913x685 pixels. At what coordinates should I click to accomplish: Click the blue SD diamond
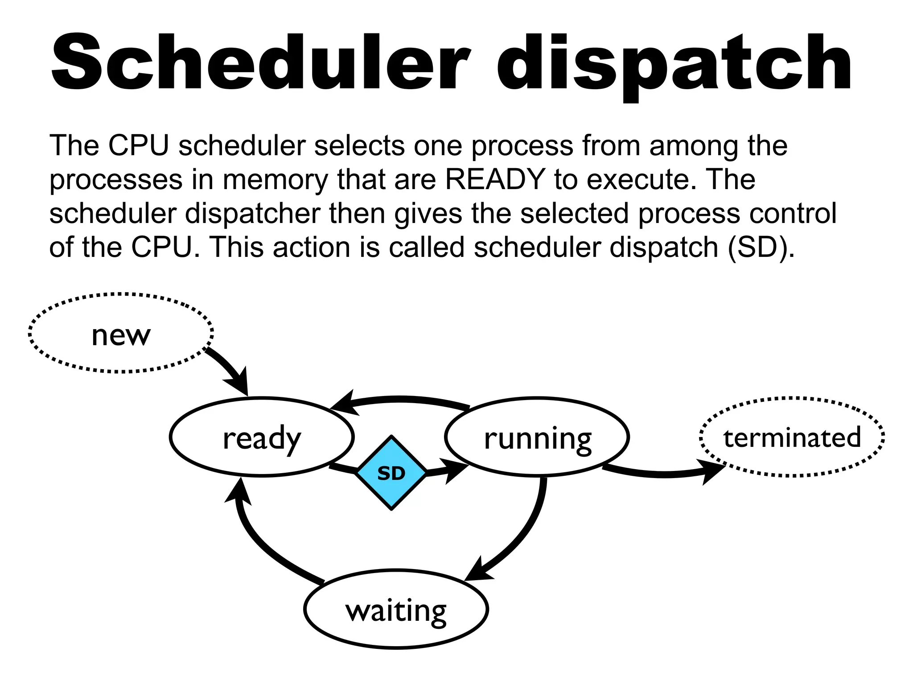pos(391,473)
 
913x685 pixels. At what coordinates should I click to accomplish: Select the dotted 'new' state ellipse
pos(121,334)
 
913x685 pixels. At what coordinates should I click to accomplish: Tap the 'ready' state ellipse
pos(262,437)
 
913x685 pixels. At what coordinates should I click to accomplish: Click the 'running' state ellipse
pos(537,437)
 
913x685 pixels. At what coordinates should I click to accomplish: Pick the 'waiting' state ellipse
pos(396,609)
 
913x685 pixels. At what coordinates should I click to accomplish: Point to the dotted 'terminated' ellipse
pos(792,437)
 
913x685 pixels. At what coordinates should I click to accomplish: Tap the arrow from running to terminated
pos(664,474)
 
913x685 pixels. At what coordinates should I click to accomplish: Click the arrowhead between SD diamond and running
pos(455,469)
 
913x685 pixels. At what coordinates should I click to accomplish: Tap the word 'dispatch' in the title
pos(673,62)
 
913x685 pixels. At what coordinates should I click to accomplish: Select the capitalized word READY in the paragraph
pos(495,180)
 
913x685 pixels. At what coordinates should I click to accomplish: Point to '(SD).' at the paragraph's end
pos(761,247)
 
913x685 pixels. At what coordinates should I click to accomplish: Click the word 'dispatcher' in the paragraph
pos(252,214)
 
